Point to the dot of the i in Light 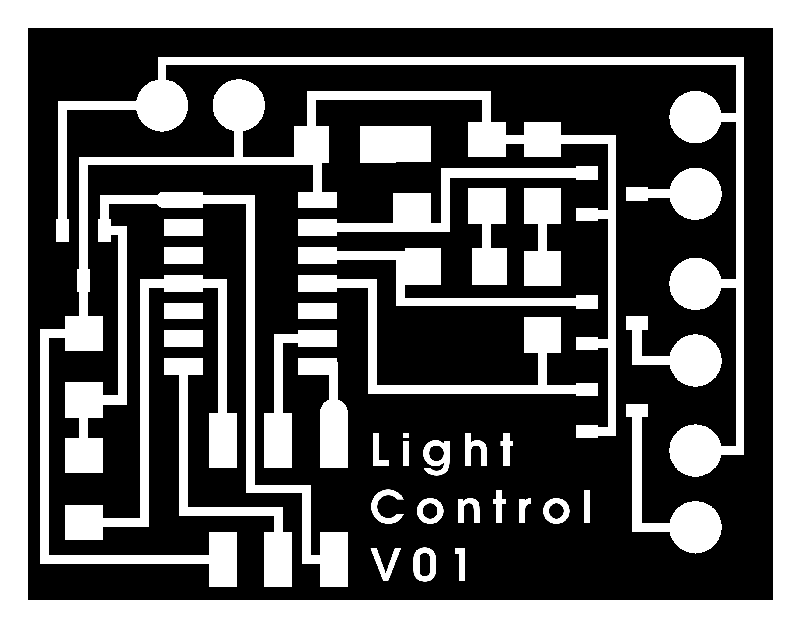coord(408,435)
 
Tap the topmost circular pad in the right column coord(695,117)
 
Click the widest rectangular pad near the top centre coord(395,144)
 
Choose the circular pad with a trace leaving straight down coord(239,105)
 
